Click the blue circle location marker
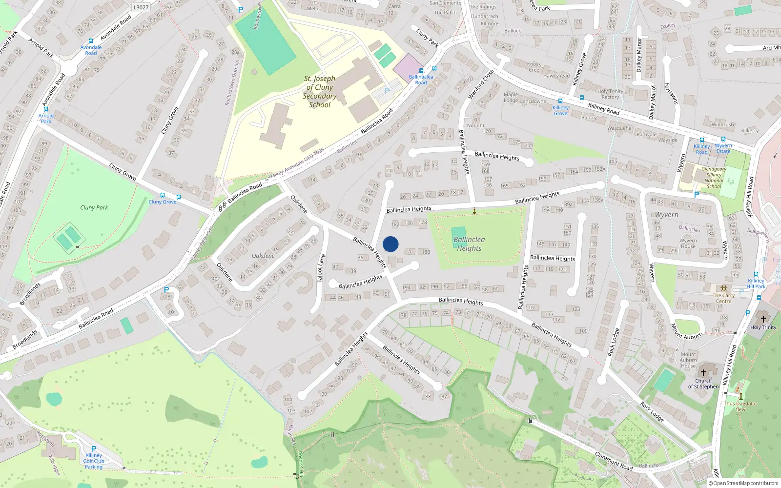[x=390, y=244]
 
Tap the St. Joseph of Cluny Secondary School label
[x=320, y=92]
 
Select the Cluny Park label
[x=94, y=207]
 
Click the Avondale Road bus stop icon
[x=90, y=41]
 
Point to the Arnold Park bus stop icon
[x=46, y=110]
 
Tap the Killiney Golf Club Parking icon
[x=94, y=448]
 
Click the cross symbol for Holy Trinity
[x=763, y=319]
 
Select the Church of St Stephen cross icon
[x=703, y=373]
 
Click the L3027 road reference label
[x=141, y=7]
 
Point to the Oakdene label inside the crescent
[x=263, y=256]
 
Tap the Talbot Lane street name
[x=321, y=268]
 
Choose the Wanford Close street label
[x=481, y=84]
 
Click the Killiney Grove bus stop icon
[x=560, y=102]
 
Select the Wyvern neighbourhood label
[x=667, y=215]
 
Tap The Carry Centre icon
[x=724, y=288]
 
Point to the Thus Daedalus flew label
[x=740, y=406]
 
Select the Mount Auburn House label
[x=688, y=360]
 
